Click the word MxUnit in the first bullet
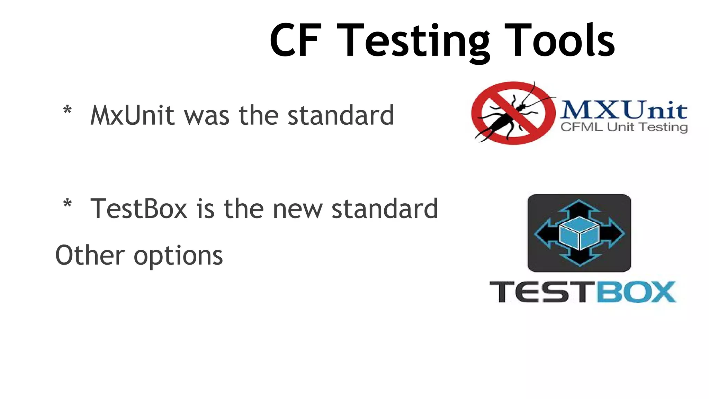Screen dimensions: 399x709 click(x=132, y=115)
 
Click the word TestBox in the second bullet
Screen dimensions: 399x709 click(x=139, y=209)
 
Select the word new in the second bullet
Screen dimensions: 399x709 click(x=297, y=209)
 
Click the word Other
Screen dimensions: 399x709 click(x=90, y=255)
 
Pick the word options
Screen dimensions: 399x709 click(x=178, y=256)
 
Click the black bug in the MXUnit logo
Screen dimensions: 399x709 click(x=508, y=116)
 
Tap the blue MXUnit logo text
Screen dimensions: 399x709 click(x=623, y=110)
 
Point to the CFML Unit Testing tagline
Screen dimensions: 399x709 click(x=624, y=127)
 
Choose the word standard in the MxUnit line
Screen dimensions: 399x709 click(x=341, y=115)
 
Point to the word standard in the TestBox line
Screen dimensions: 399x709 click(x=385, y=209)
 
